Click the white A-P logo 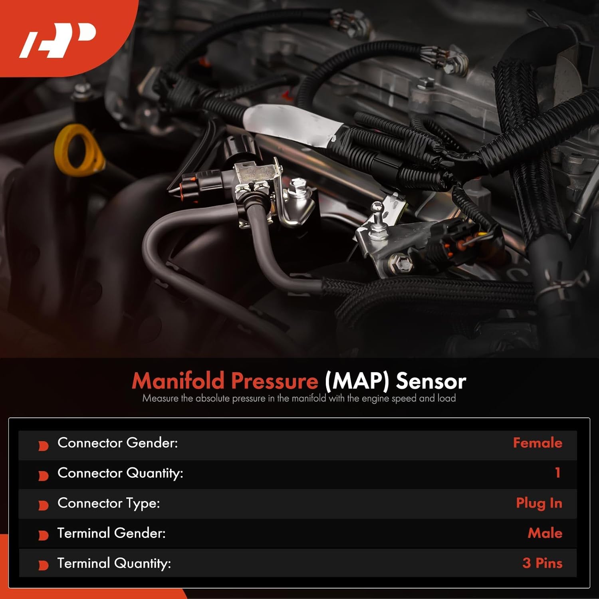click(58, 40)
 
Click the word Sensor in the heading click(431, 381)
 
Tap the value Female click(537, 443)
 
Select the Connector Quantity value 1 click(557, 473)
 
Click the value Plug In click(539, 503)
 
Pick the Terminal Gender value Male click(545, 533)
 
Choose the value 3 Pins click(542, 563)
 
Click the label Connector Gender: click(117, 443)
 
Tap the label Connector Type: click(109, 503)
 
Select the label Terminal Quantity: click(114, 563)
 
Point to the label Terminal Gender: click(111, 533)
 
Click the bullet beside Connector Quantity click(43, 476)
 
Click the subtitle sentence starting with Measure click(299, 399)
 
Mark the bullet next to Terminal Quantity click(43, 565)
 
